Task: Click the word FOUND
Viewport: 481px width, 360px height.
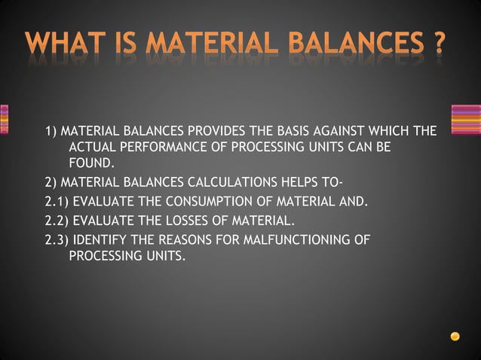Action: [x=91, y=162]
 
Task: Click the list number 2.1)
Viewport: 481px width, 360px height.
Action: [x=56, y=202]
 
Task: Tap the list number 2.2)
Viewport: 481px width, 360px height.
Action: [x=56, y=221]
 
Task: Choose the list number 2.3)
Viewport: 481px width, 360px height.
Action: [x=56, y=240]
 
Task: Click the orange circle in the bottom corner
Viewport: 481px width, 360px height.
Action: [x=455, y=336]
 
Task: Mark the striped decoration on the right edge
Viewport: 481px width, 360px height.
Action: [x=465, y=119]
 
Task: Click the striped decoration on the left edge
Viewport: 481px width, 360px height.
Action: [x=4, y=119]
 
